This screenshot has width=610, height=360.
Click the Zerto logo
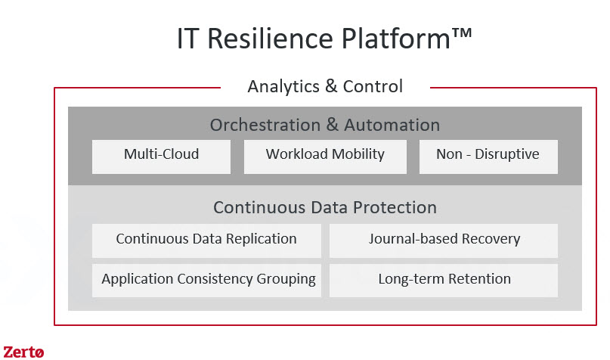pos(23,352)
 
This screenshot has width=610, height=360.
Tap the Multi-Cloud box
pos(161,157)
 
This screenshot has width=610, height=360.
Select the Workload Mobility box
pos(325,157)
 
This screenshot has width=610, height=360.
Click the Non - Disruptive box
pos(488,157)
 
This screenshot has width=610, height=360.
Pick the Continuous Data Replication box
pos(206,241)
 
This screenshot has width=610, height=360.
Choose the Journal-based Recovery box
pos(444,241)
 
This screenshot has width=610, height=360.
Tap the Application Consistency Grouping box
pos(206,281)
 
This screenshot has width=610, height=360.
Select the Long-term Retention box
pos(444,281)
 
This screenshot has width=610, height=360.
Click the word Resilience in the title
pos(271,39)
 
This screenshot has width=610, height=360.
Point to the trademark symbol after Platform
pos(462,33)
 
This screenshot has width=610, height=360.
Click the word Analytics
pos(283,86)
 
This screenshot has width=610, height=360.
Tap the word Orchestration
pos(265,125)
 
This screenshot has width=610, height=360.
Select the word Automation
pos(392,125)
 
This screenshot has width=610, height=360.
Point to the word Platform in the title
pos(396,39)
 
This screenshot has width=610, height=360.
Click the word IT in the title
pos(188,39)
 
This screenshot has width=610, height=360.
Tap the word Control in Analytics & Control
pos(373,86)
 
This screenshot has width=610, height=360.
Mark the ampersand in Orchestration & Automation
pos(333,125)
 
